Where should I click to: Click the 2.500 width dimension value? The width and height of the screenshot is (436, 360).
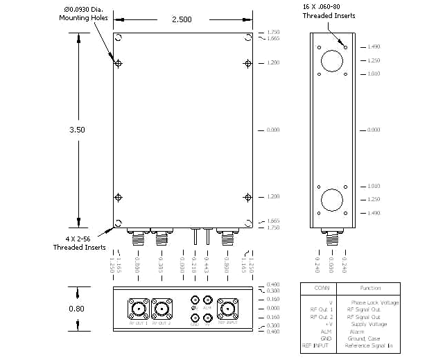(x=183, y=19)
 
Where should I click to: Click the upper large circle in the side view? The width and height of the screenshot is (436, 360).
(x=332, y=60)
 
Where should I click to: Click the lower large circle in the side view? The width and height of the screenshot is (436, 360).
(x=332, y=200)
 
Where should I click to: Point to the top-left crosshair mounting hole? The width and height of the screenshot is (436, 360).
(x=119, y=63)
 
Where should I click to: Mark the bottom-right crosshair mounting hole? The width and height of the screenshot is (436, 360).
(x=247, y=198)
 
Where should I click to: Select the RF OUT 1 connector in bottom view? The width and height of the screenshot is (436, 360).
(x=139, y=307)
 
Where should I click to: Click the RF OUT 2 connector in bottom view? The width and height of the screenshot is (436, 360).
(x=163, y=307)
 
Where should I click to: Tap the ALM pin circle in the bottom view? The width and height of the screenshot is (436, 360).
(x=207, y=302)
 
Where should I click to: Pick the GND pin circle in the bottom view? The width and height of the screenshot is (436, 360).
(x=194, y=319)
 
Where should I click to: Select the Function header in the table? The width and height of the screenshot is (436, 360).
(x=371, y=288)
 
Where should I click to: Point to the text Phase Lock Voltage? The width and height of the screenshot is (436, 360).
(x=374, y=302)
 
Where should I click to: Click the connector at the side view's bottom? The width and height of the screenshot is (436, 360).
(x=332, y=238)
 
